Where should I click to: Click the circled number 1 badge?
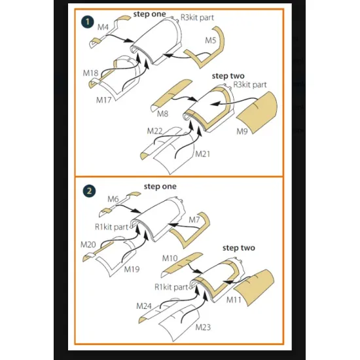88,22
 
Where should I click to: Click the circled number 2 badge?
89,191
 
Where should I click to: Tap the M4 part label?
103,27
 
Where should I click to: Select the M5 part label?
211,41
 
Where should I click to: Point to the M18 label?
90,73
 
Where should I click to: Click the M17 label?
104,100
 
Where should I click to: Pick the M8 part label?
162,114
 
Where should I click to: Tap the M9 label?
242,132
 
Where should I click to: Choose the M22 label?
154,131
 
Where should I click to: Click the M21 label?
202,154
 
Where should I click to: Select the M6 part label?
113,199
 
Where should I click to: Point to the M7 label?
194,220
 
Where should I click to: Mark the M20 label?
88,245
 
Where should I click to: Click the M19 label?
132,269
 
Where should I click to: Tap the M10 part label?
170,259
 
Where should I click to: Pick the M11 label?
234,300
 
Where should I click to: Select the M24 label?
144,306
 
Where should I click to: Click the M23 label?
203,327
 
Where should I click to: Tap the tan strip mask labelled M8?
171,94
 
